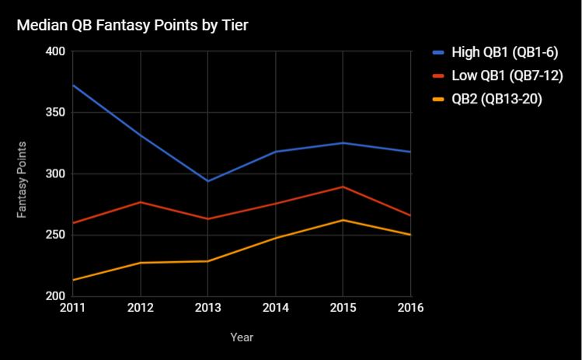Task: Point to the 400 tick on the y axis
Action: point(57,52)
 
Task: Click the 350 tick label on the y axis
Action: point(57,113)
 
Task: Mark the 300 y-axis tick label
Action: point(57,174)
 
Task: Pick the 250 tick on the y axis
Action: point(57,235)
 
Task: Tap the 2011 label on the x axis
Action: point(72,308)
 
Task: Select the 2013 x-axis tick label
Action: point(207,308)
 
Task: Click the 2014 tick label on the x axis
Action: point(275,308)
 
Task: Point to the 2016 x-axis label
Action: point(409,308)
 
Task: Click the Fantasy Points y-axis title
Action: point(23,180)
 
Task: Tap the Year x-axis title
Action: point(242,337)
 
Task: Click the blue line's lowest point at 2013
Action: point(207,181)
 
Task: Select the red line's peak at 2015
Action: point(343,187)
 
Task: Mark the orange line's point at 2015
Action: point(343,220)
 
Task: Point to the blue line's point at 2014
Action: point(275,152)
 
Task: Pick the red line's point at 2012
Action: point(141,202)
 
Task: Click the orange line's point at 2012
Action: point(141,263)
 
